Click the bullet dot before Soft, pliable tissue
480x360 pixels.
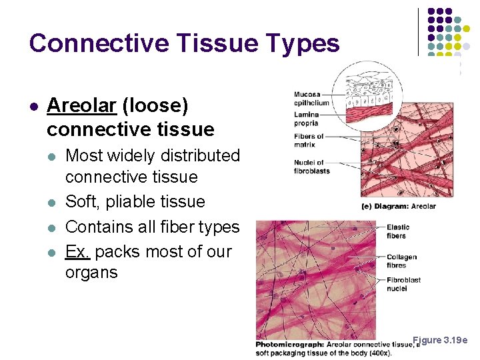tap(53, 202)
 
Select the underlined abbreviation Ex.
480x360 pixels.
tap(77, 252)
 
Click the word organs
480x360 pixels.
tap(91, 273)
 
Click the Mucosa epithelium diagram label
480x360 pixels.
tap(311, 99)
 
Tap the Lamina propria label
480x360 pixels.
tap(307, 119)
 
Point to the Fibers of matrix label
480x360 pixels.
tap(309, 140)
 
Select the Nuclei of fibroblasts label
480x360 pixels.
tap(311, 167)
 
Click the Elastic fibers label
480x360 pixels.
tap(397, 231)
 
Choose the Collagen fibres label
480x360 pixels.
tap(401, 261)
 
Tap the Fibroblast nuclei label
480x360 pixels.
tap(404, 285)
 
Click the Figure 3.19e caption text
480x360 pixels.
tap(440, 340)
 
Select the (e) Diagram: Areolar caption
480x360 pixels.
tap(398, 206)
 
